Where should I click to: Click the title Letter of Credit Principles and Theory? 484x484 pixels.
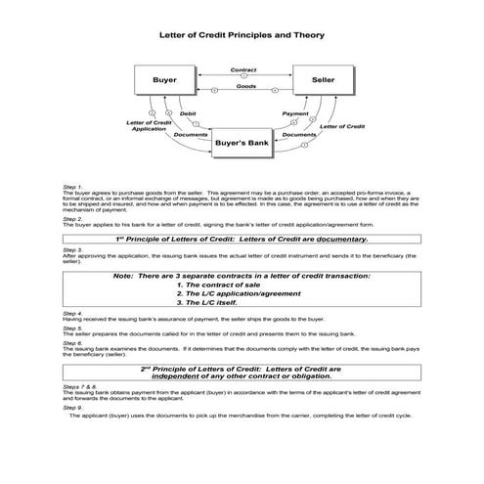[x=242, y=34]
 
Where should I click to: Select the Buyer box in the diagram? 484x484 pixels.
[x=162, y=78]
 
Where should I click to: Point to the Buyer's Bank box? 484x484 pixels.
[x=242, y=144]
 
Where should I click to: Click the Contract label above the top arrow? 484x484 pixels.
[x=242, y=69]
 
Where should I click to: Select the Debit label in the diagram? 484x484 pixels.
[x=188, y=113]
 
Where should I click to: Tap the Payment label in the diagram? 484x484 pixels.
[x=295, y=113]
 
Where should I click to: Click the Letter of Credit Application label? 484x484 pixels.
[x=148, y=126]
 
